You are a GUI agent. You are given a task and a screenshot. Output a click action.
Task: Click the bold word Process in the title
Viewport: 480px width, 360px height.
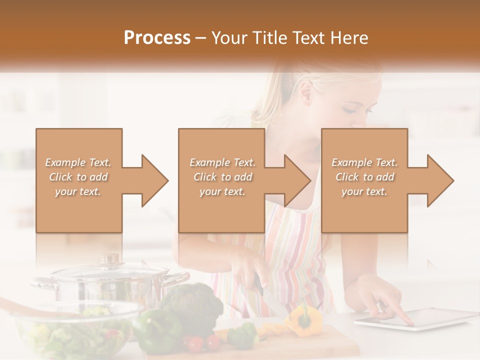157,38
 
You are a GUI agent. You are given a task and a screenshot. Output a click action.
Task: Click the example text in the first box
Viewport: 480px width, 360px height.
78,177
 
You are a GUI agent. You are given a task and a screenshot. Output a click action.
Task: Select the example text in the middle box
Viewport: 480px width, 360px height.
222,177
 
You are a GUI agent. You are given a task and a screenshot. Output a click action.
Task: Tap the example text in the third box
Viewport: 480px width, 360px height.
364,177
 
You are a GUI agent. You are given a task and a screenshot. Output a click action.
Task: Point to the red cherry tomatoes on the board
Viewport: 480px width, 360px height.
200,342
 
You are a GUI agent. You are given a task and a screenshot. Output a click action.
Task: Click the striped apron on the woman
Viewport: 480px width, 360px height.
295,240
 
